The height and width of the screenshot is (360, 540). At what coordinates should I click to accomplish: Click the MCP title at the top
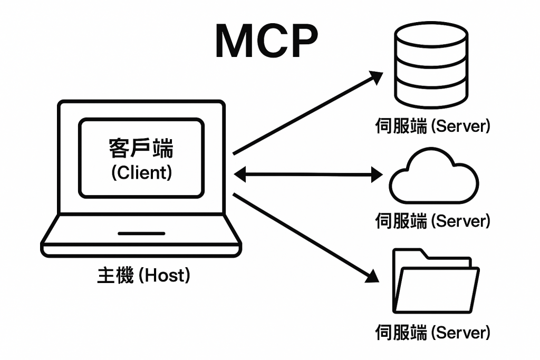pyautogui.click(x=266, y=41)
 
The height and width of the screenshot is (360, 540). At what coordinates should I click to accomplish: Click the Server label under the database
pyautogui.click(x=432, y=127)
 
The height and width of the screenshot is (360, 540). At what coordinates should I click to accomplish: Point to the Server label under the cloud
pyautogui.click(x=432, y=221)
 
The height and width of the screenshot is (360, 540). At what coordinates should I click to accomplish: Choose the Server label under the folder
pyautogui.click(x=432, y=333)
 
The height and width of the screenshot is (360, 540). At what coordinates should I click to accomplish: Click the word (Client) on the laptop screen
pyautogui.click(x=141, y=172)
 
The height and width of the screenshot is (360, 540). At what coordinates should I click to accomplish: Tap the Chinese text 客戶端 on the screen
pyautogui.click(x=141, y=149)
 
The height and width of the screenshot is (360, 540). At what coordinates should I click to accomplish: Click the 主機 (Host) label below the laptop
pyautogui.click(x=143, y=275)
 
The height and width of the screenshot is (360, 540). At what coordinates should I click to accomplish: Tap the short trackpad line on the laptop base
pyautogui.click(x=141, y=233)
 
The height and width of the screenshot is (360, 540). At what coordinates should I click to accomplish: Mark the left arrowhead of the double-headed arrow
pyautogui.click(x=240, y=173)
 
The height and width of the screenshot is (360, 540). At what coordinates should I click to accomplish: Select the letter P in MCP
pyautogui.click(x=301, y=41)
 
